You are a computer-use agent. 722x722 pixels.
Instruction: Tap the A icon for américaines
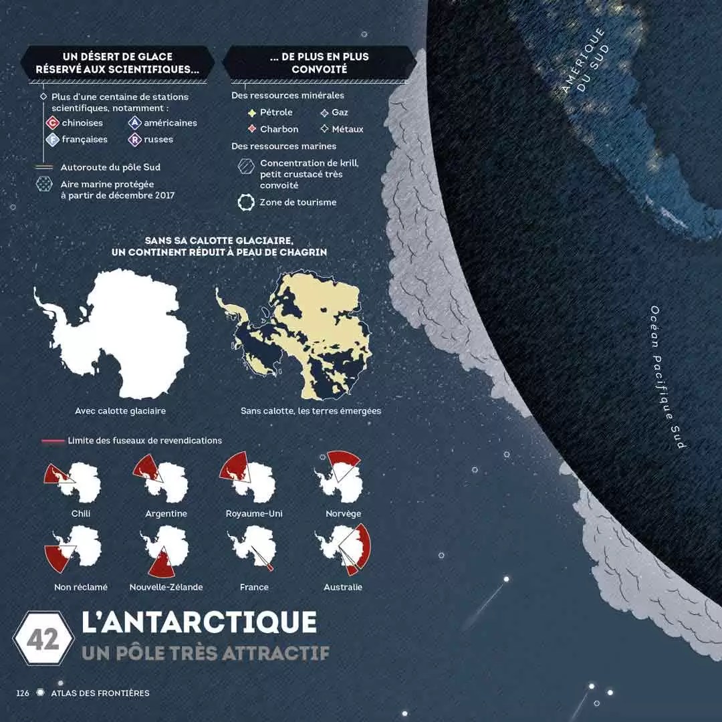(134, 123)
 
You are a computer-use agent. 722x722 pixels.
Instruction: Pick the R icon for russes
(134, 140)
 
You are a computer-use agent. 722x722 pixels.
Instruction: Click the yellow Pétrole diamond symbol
(252, 112)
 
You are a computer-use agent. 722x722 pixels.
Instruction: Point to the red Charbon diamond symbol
(252, 129)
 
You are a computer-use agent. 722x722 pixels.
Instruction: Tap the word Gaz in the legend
(340, 112)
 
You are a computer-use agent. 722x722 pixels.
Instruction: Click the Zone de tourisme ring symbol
(247, 202)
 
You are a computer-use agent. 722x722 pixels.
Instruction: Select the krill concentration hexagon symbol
(247, 167)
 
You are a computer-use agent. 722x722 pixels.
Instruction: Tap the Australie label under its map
(343, 587)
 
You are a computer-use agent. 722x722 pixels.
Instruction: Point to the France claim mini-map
(252, 550)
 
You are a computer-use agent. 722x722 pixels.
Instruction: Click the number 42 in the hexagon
(43, 639)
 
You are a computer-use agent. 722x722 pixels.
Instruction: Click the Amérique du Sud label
(584, 60)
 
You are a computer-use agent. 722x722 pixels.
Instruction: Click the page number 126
(23, 693)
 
